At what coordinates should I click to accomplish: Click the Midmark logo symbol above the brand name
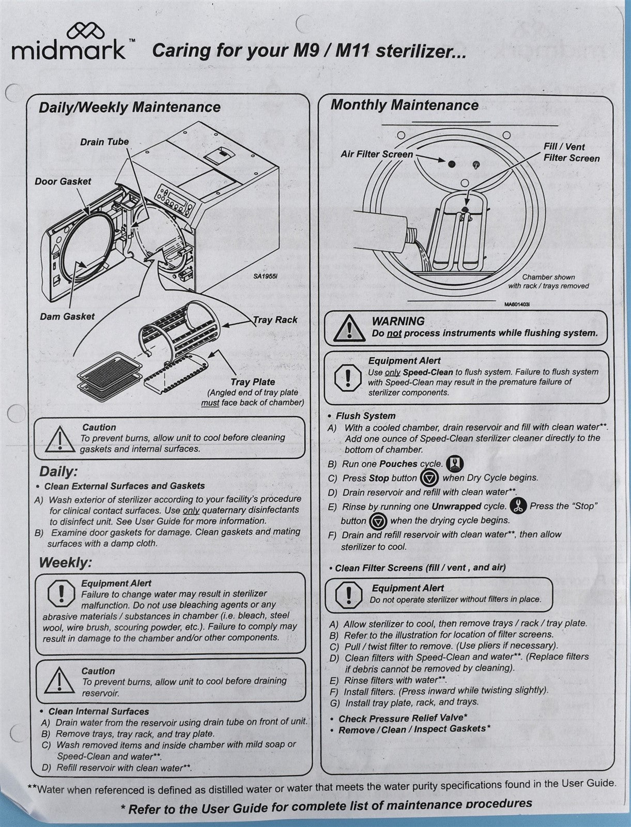(x=82, y=32)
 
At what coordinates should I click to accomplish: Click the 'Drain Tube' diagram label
(x=104, y=142)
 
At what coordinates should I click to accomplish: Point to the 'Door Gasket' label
(x=63, y=182)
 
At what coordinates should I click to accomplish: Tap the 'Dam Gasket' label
(x=67, y=316)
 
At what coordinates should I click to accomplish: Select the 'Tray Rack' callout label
(x=275, y=320)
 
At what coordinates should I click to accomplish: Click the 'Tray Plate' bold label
(x=253, y=382)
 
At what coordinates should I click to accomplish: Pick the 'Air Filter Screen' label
(x=377, y=154)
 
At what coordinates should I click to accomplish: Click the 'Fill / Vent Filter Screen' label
(x=571, y=152)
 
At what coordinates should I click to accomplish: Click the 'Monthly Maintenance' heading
(x=405, y=105)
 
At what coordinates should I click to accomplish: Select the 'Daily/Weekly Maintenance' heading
(x=130, y=108)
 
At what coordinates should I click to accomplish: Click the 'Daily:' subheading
(x=58, y=471)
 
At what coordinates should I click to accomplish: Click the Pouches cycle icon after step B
(x=455, y=463)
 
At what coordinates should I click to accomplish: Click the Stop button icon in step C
(x=429, y=477)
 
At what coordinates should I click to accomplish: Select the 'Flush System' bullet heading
(x=365, y=416)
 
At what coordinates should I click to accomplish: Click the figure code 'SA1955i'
(x=265, y=276)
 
